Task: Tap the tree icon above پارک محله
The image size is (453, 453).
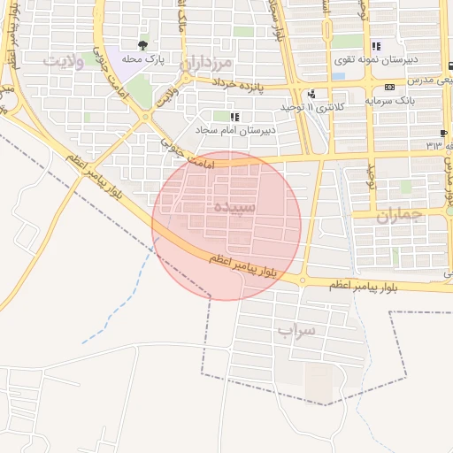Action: click(142, 43)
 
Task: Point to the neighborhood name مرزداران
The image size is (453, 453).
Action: click(206, 64)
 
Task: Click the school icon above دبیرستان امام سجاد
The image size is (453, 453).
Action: click(234, 117)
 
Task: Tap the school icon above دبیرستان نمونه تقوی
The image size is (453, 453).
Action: click(376, 47)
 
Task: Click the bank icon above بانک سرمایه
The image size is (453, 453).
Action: click(390, 87)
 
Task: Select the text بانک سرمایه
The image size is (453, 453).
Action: click(390, 99)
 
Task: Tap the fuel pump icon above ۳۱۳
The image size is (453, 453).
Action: click(442, 133)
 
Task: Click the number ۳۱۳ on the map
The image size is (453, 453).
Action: click(434, 145)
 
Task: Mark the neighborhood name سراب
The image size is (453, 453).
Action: click(296, 331)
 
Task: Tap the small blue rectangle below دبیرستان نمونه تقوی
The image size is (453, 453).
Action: click(338, 76)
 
